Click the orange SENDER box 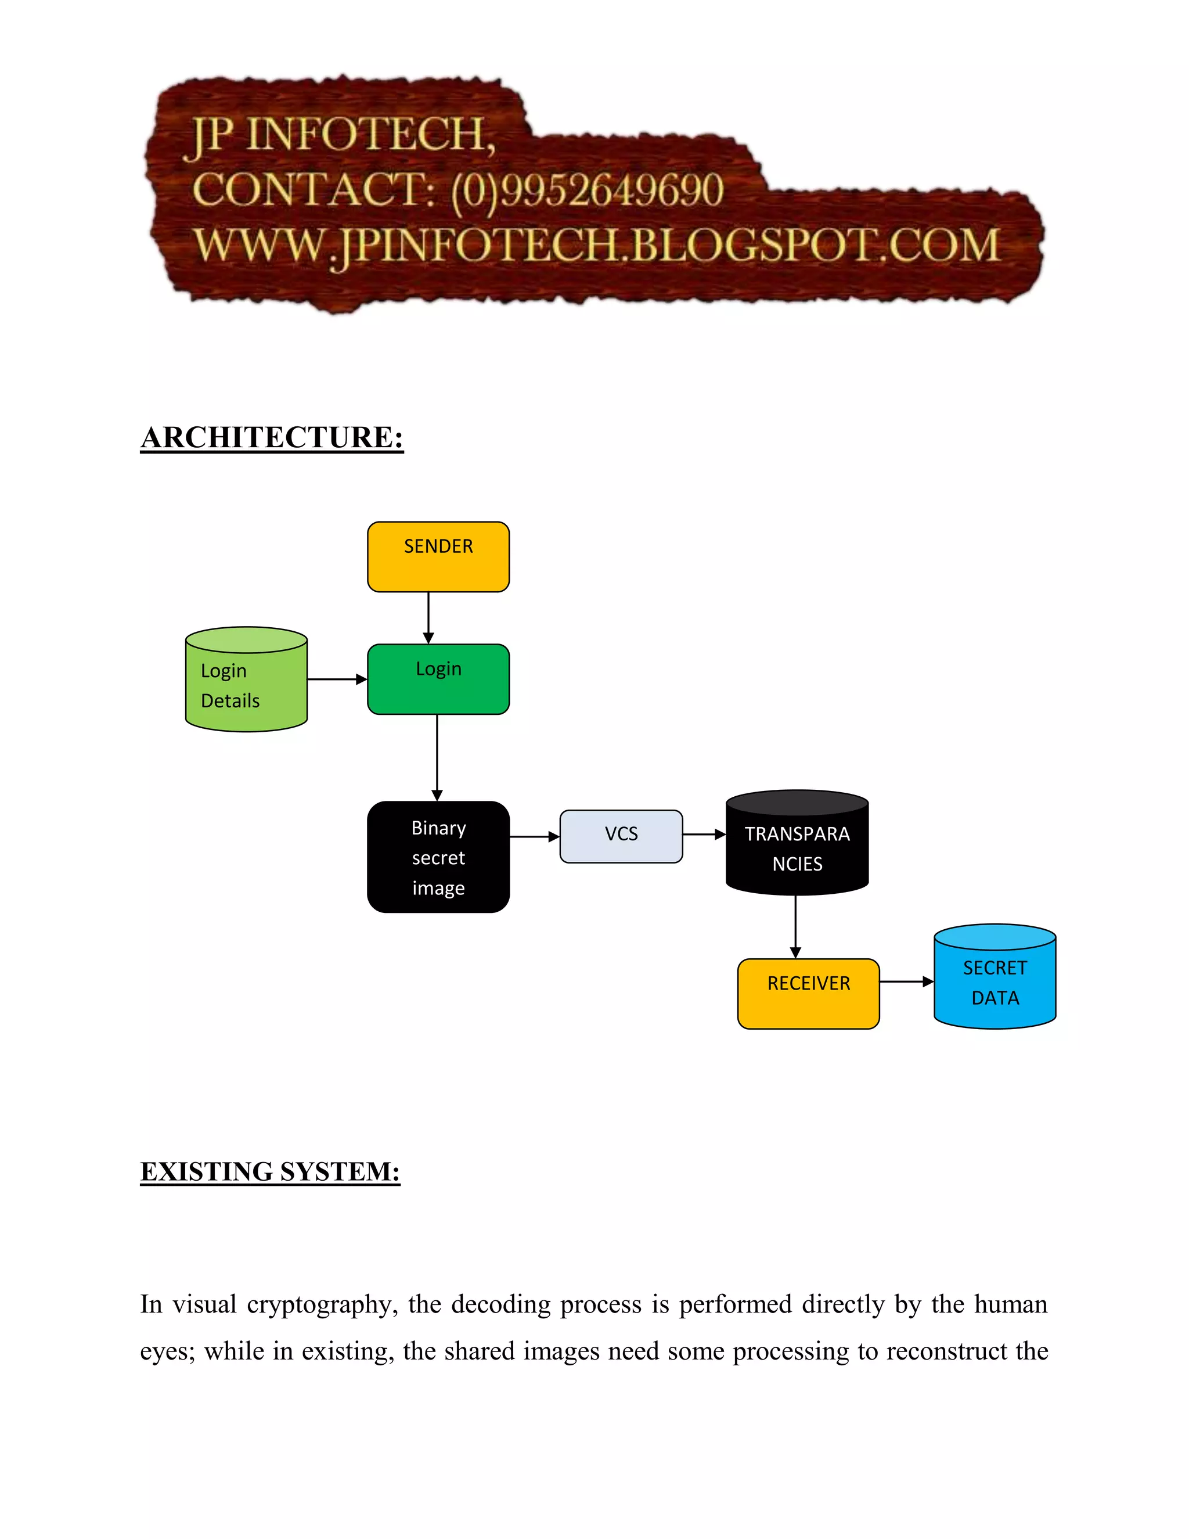(x=438, y=557)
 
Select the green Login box (x=438, y=679)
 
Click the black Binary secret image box (x=438, y=857)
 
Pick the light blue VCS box (x=621, y=836)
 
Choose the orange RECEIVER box (x=808, y=994)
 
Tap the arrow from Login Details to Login (x=337, y=679)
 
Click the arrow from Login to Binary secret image (x=437, y=757)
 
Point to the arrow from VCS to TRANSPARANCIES (x=704, y=835)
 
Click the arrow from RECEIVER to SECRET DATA (x=906, y=981)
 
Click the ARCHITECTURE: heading (x=272, y=438)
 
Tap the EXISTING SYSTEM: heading (x=270, y=1172)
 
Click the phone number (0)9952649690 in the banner (x=587, y=190)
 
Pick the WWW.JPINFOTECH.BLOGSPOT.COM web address (x=597, y=246)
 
